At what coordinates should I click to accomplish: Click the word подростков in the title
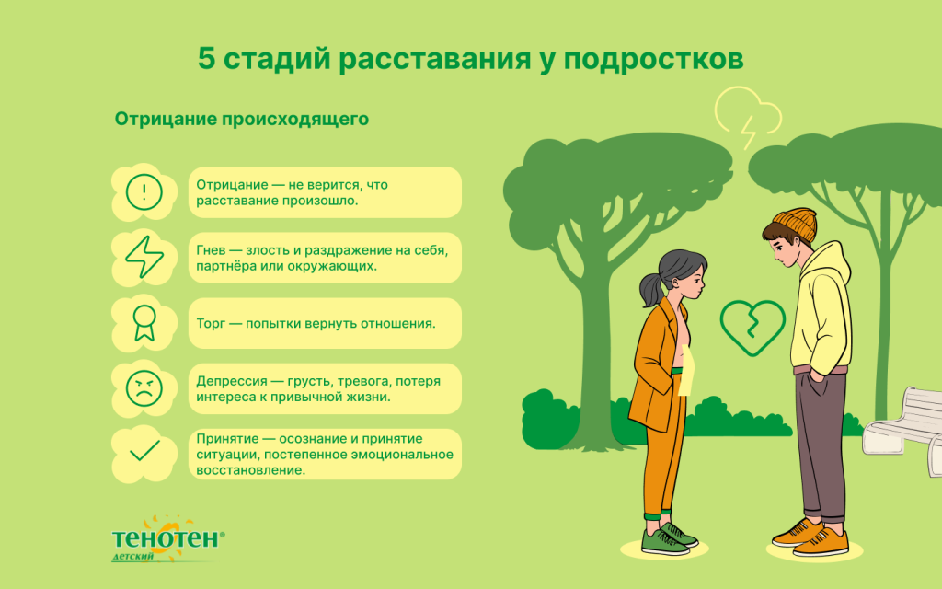coord(652,60)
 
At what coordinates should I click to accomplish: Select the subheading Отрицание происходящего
coord(241,120)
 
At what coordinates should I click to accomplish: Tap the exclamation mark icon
coord(144,192)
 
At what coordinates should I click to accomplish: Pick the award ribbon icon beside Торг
coord(144,323)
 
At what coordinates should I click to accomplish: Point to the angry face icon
coord(144,387)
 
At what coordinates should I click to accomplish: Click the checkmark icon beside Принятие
coord(144,451)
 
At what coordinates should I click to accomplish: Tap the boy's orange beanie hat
coord(793,222)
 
